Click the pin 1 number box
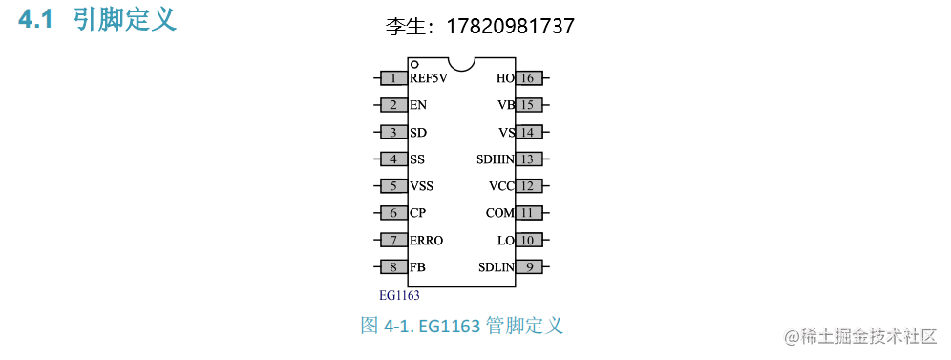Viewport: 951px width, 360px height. click(393, 78)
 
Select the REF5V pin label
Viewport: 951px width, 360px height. click(429, 78)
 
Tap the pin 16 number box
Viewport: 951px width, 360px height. click(529, 78)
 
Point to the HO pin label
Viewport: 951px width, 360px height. click(505, 78)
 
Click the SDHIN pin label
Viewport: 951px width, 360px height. click(496, 159)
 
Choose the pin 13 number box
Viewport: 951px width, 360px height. click(529, 159)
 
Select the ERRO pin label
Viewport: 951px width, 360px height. click(426, 241)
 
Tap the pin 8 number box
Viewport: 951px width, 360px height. click(393, 267)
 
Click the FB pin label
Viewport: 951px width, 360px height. click(417, 267)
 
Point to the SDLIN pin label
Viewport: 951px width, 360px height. click(497, 267)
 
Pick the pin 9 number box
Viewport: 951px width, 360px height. click(529, 267)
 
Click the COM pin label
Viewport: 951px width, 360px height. click(499, 213)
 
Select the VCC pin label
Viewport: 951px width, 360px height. click(501, 186)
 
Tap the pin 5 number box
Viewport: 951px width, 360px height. click(393, 186)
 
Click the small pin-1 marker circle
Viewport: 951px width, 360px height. click(415, 64)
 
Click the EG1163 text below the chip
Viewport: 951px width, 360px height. click(399, 296)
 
